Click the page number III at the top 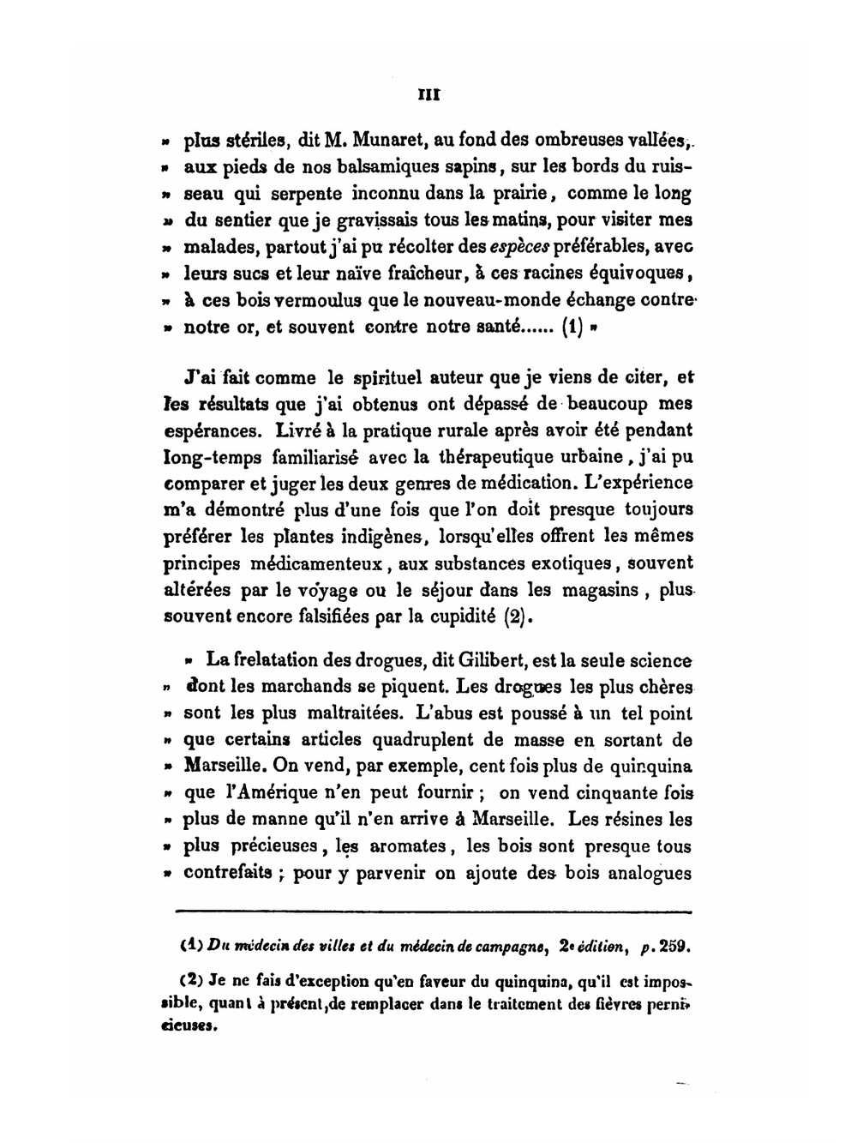428,96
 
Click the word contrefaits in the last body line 228,873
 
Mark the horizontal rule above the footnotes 433,912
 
